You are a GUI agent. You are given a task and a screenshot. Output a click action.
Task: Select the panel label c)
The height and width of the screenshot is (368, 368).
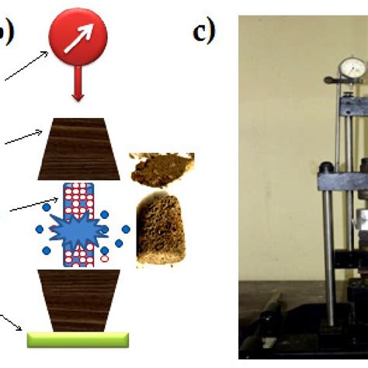click(204, 33)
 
